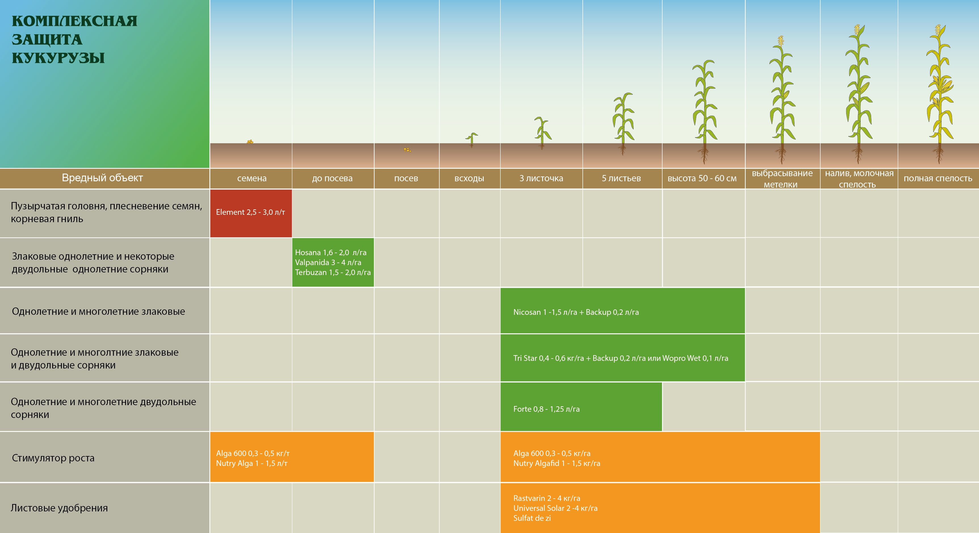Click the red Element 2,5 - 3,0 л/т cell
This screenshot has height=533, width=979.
(x=251, y=213)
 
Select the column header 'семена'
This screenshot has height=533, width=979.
(x=251, y=178)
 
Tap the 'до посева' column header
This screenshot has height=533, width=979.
(x=332, y=178)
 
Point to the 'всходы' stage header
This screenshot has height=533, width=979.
(x=469, y=178)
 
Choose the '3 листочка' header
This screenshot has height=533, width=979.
(x=541, y=178)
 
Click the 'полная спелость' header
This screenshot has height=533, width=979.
(x=938, y=178)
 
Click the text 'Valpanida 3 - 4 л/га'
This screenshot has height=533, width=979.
(x=328, y=263)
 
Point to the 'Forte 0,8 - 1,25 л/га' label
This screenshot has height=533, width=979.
(x=546, y=409)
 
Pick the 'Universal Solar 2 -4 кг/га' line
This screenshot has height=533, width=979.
(x=555, y=508)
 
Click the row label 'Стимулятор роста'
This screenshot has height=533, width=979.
(x=53, y=458)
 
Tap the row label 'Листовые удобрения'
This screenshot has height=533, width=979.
(x=59, y=508)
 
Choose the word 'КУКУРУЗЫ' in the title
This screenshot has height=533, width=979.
(x=58, y=58)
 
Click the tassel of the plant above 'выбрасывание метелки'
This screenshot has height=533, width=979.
(x=781, y=41)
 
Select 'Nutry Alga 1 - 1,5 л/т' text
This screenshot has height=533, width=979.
(x=251, y=463)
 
